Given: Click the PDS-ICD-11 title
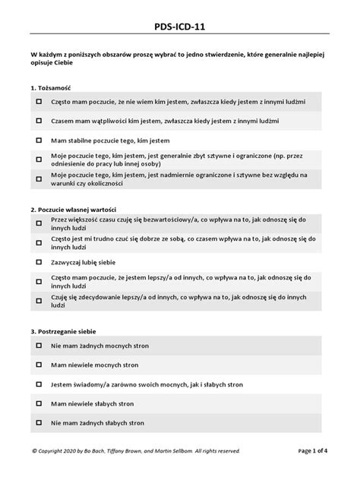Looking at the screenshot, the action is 180,27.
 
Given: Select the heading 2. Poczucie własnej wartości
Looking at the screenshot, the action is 72,209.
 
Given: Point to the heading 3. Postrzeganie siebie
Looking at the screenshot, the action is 64,331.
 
